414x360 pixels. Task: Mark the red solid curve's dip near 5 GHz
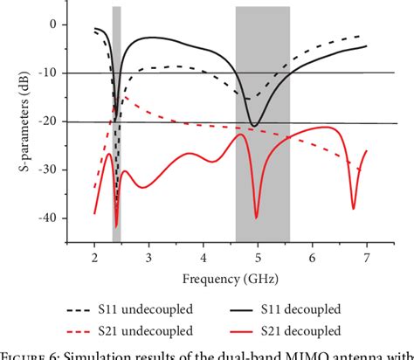(x=256, y=217)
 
